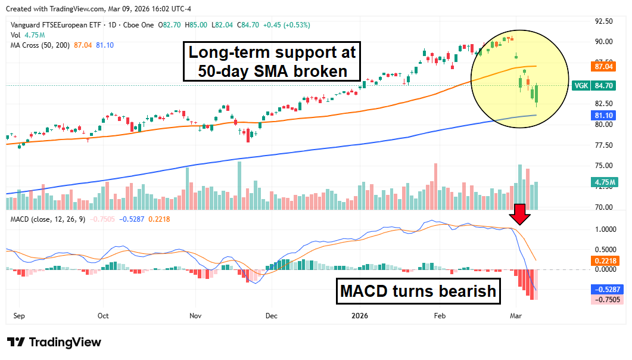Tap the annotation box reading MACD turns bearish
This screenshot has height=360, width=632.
click(x=418, y=291)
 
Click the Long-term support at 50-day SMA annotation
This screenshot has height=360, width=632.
click(x=272, y=62)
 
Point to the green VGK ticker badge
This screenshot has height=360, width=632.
click(x=581, y=86)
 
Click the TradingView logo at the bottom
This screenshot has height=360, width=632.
click(x=54, y=342)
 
